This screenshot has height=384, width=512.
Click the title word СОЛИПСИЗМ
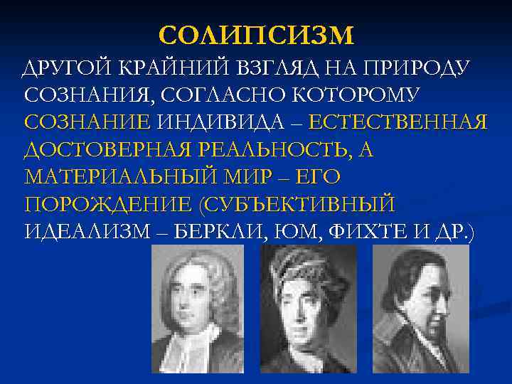(x=256, y=35)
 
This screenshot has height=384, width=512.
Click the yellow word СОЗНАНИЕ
(x=87, y=122)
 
